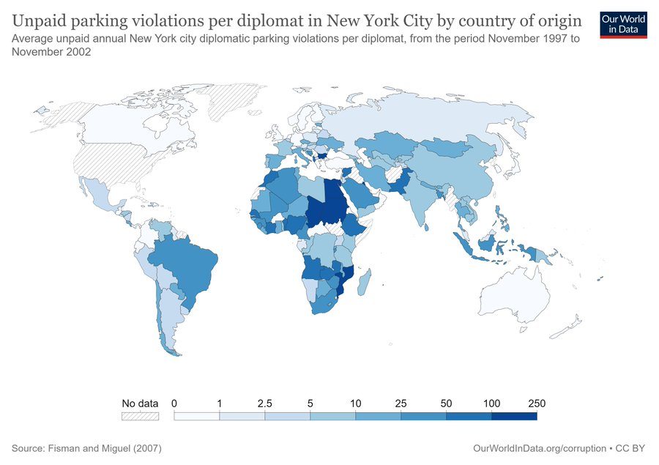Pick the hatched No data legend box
[140, 416]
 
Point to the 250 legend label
[537, 403]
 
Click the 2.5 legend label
[265, 403]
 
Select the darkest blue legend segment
[514, 416]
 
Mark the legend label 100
[491, 403]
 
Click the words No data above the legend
[140, 403]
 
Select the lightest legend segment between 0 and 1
[196, 416]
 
